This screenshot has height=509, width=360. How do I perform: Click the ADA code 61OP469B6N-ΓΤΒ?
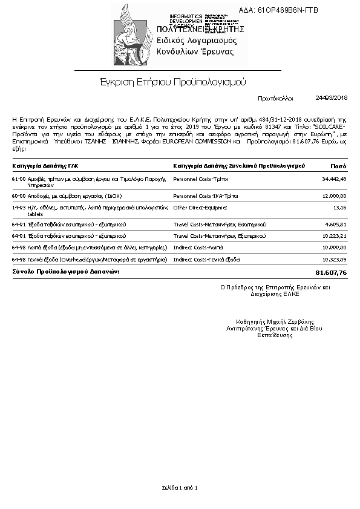pyautogui.click(x=287, y=10)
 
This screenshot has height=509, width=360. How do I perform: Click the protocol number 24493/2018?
pyautogui.click(x=332, y=97)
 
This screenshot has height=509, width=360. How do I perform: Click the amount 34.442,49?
pyautogui.click(x=334, y=179)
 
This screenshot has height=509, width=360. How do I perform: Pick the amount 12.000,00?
pyautogui.click(x=334, y=196)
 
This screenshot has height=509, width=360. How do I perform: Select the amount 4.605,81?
pyautogui.click(x=336, y=225)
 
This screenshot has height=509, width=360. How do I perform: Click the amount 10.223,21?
pyautogui.click(x=334, y=235)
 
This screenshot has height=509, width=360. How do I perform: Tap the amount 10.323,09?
pyautogui.click(x=334, y=259)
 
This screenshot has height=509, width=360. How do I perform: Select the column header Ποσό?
pyautogui.click(x=338, y=165)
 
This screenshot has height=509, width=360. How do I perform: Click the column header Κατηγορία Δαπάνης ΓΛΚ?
pyautogui.click(x=45, y=165)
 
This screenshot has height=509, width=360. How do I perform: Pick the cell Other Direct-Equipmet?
pyautogui.click(x=200, y=207)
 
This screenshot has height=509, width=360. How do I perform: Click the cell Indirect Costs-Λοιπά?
pyautogui.click(x=198, y=248)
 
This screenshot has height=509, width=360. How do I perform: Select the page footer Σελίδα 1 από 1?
pyautogui.click(x=180, y=487)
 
